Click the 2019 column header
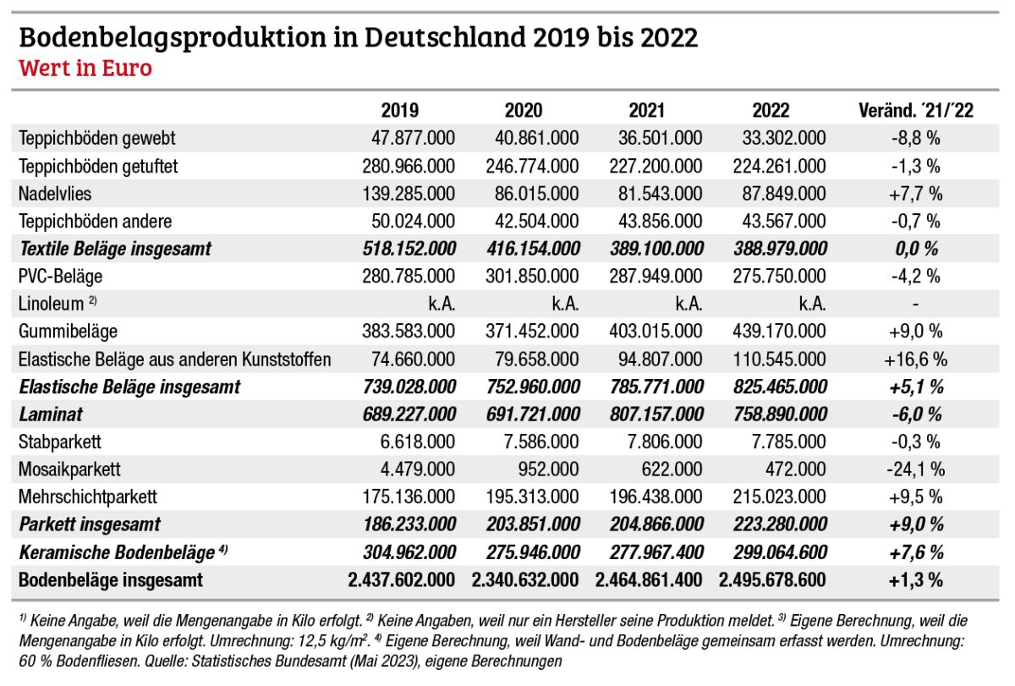tap(399, 110)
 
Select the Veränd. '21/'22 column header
tap(915, 110)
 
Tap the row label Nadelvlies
tap(55, 194)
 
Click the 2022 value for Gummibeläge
tap(777, 332)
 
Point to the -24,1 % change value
tap(915, 469)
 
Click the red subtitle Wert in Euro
tap(85, 68)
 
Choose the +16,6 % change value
tap(915, 359)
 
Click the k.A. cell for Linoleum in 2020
tap(562, 305)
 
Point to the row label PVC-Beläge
tap(60, 277)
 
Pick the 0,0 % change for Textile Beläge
tap(915, 249)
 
